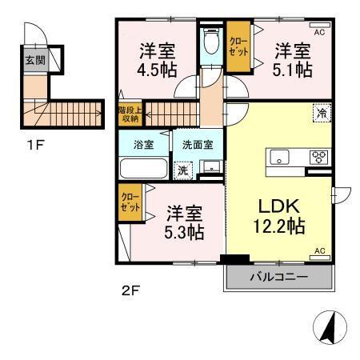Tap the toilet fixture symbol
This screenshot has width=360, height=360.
click(x=211, y=42)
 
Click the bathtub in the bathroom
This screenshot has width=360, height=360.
click(x=143, y=169)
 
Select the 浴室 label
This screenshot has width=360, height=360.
click(x=144, y=146)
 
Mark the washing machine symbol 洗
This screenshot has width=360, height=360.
click(x=182, y=170)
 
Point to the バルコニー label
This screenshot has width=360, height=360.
click(x=280, y=278)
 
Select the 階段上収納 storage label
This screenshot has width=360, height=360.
click(x=128, y=114)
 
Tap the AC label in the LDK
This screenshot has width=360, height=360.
click(x=318, y=251)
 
